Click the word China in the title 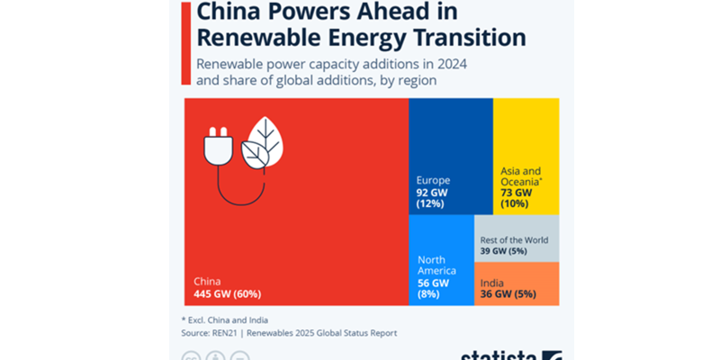(x=235, y=13)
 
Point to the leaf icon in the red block (x=265, y=144)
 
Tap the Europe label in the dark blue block (x=433, y=179)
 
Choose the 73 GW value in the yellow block (x=517, y=193)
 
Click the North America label (x=437, y=265)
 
